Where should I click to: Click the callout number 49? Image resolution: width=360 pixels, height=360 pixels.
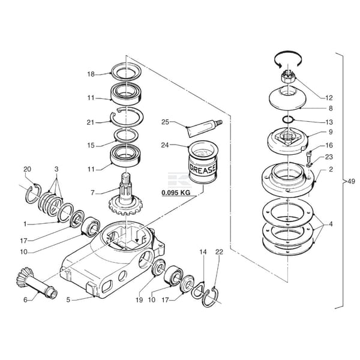[351, 182]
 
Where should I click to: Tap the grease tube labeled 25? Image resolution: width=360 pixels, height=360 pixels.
[205, 128]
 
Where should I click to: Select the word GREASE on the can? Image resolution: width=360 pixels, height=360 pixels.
[202, 168]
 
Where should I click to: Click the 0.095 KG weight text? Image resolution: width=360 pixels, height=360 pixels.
[176, 193]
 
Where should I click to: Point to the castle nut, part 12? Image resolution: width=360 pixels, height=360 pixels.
[289, 77]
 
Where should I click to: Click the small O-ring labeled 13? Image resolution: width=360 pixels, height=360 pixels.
[287, 119]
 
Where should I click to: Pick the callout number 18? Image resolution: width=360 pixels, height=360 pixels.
[91, 74]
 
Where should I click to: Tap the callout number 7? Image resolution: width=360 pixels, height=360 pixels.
[92, 193]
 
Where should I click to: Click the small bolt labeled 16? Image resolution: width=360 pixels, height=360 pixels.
[309, 157]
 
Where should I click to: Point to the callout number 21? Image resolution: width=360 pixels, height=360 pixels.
[91, 122]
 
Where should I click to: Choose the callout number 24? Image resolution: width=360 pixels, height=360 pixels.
[165, 145]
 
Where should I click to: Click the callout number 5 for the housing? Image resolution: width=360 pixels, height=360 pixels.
[68, 300]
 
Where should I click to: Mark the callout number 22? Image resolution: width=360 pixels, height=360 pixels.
[219, 252]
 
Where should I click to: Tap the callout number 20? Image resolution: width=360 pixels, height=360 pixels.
[27, 169]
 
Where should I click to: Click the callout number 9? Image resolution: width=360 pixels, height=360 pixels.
[331, 132]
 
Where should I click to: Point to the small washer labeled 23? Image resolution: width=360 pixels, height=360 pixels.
[308, 165]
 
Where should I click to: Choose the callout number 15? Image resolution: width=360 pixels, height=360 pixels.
[91, 145]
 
